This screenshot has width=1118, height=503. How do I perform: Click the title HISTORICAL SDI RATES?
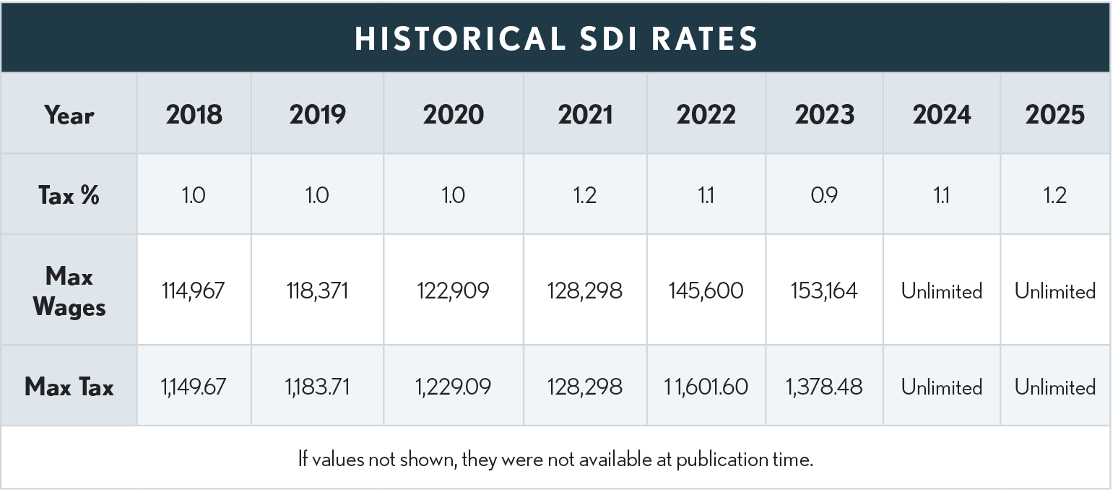(x=556, y=38)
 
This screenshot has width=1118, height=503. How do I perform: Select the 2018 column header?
(x=194, y=115)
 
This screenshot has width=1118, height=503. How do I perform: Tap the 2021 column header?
(x=585, y=115)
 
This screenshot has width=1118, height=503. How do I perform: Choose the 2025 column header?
(x=1054, y=115)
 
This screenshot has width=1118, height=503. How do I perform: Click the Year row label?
(x=69, y=115)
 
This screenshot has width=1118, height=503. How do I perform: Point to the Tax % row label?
(x=69, y=195)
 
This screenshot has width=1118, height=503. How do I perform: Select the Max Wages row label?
(x=69, y=291)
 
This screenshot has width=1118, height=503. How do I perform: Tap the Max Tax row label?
(x=69, y=387)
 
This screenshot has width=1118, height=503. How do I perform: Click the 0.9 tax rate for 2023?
(x=824, y=195)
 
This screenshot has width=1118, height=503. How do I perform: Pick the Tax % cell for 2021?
(x=585, y=195)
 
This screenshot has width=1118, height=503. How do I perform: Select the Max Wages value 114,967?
(x=194, y=291)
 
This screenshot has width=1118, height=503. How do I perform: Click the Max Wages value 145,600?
(x=706, y=291)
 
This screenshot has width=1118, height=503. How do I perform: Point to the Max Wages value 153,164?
(x=824, y=291)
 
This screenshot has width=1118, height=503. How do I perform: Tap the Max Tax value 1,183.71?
(x=317, y=387)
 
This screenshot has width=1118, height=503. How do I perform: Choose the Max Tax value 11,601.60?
(x=706, y=387)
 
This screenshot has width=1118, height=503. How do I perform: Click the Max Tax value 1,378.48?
(x=824, y=387)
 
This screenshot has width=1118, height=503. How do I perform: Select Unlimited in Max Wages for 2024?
(x=941, y=291)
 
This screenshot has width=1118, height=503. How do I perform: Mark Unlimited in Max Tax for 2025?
(x=1054, y=387)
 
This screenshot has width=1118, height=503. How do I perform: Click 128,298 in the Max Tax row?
(x=585, y=387)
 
